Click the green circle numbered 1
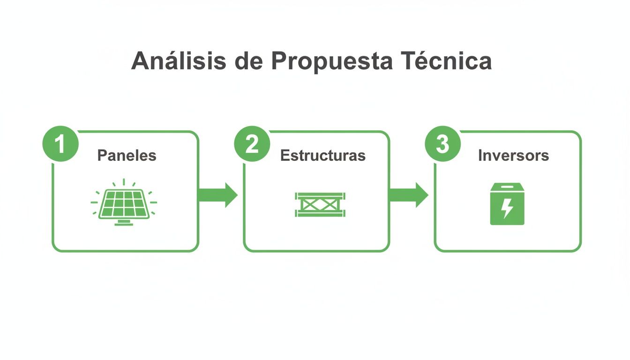point(60,144)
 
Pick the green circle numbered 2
point(252,144)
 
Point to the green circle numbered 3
point(442,144)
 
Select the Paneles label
point(127,156)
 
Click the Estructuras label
point(322,156)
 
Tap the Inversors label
point(513,156)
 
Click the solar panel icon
point(124,203)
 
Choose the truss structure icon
point(320,204)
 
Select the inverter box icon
point(507,204)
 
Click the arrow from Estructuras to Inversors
point(408,195)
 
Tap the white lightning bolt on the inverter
point(507,208)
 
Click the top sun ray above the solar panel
point(124,181)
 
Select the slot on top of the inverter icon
point(507,186)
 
